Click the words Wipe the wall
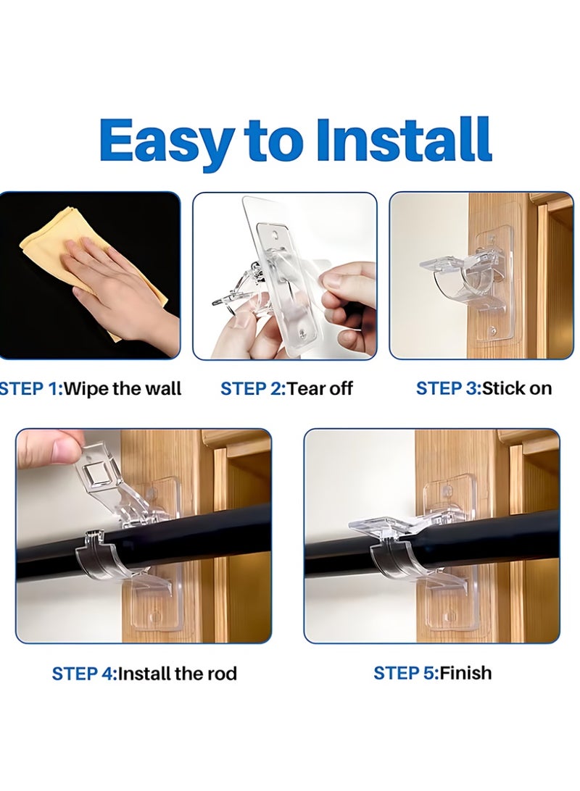123,388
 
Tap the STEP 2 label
252,388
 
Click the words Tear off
320,388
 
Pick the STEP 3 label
447,388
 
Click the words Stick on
516,388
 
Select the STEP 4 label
83,674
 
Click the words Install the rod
177,674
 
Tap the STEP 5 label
405,673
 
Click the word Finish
465,673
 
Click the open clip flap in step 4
109,478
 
